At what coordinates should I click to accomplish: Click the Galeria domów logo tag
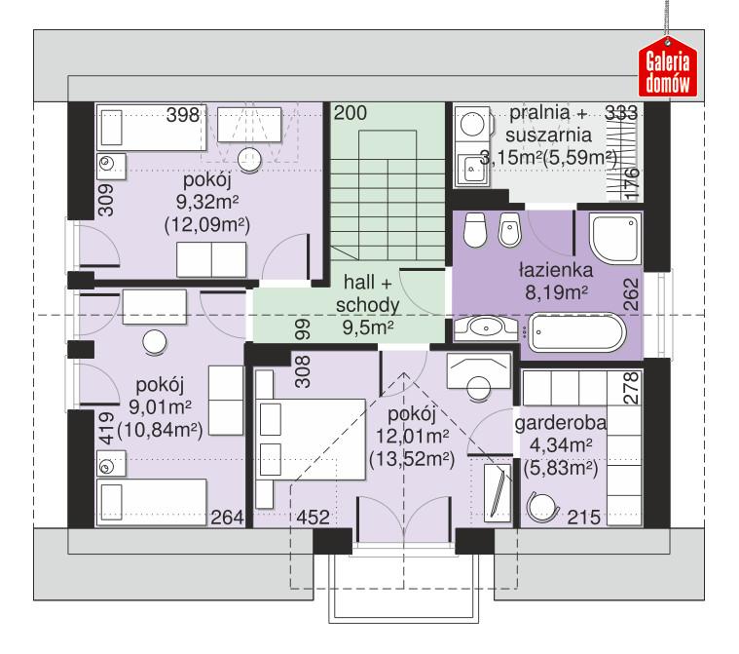point(667,69)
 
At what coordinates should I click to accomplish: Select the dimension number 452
point(312,518)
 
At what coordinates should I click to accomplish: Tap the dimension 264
point(226,518)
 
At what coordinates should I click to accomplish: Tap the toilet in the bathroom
point(476,230)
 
